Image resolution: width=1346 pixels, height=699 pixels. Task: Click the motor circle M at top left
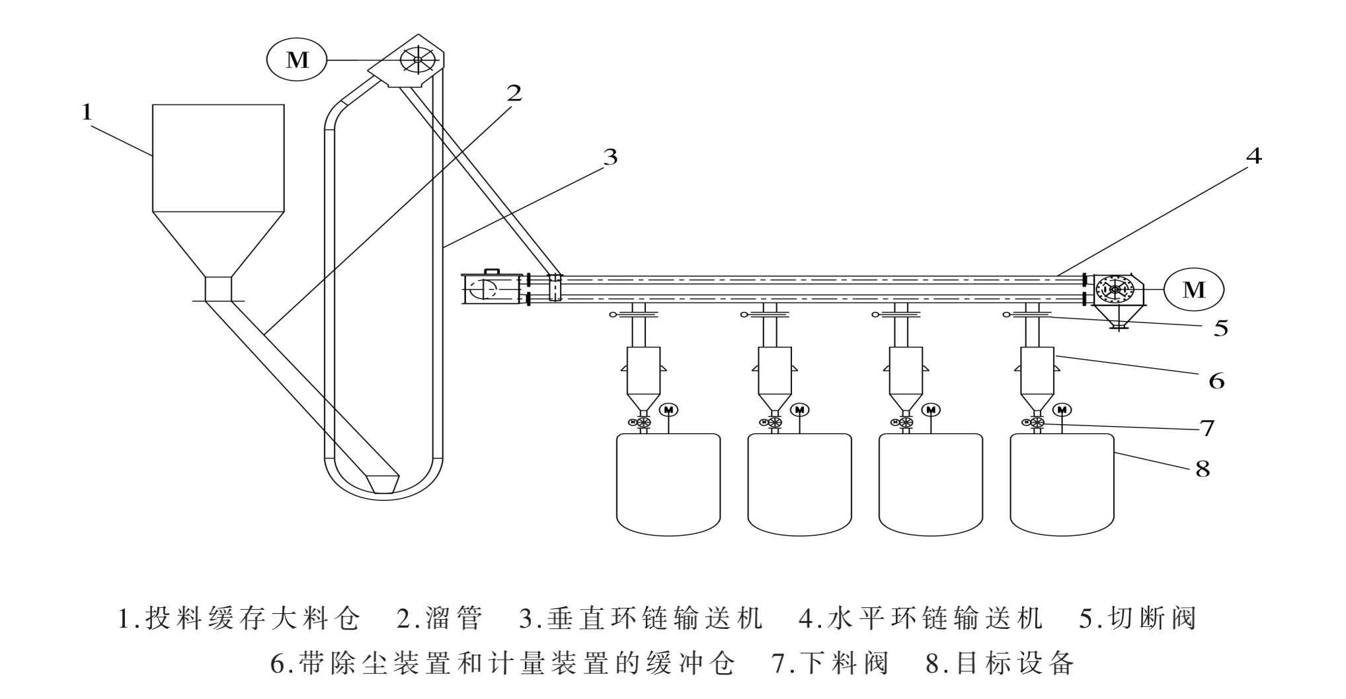click(297, 60)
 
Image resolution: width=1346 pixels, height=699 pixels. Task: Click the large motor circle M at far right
click(1193, 289)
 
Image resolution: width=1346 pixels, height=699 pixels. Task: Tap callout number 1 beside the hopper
click(87, 112)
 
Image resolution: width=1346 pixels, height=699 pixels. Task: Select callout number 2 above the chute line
click(514, 93)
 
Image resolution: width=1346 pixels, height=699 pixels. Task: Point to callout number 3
click(610, 157)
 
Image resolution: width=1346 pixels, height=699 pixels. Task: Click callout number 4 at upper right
click(1253, 157)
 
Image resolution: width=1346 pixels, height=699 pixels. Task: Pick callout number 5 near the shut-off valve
click(1220, 328)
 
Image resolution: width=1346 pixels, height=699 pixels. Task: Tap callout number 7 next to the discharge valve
click(1207, 428)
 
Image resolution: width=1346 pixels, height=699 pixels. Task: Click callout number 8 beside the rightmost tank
click(1202, 470)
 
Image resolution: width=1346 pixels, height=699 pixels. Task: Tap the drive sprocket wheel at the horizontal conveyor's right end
click(1115, 289)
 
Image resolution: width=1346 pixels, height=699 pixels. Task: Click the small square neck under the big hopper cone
click(218, 289)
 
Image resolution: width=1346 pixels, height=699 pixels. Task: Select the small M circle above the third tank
click(931, 410)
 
